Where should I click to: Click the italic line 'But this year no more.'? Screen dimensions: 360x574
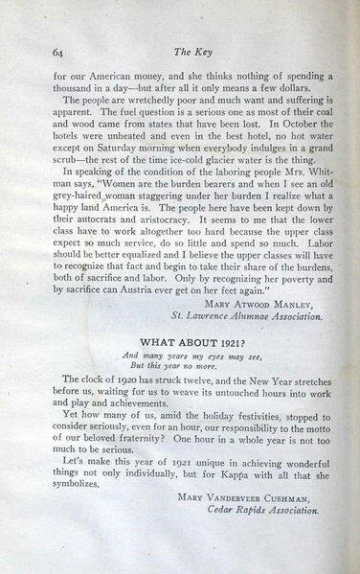(177, 365)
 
